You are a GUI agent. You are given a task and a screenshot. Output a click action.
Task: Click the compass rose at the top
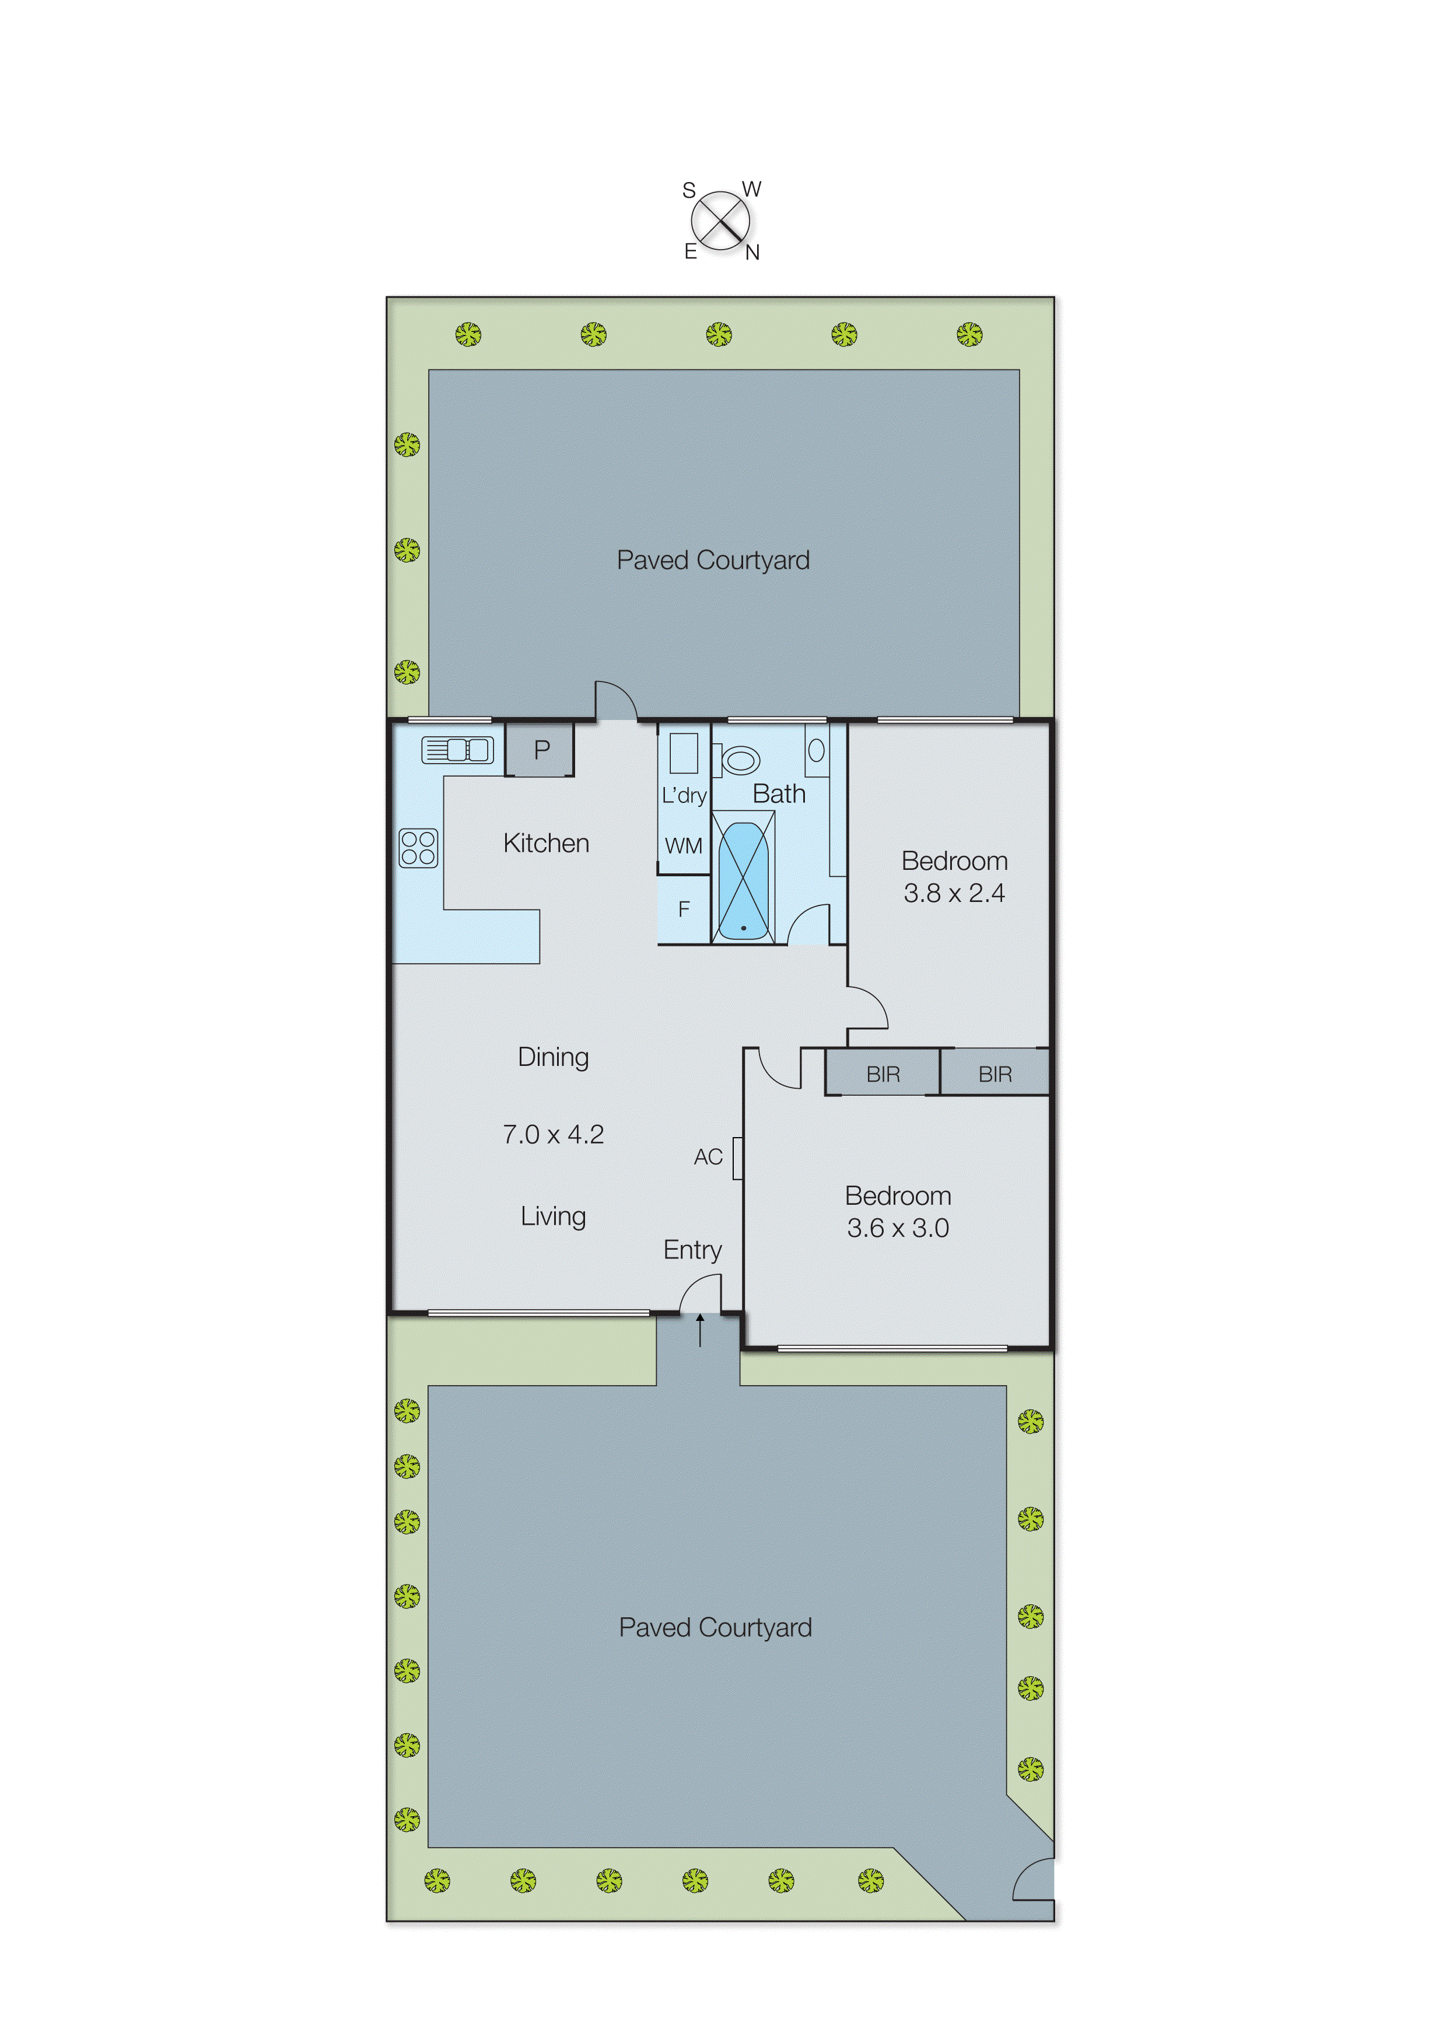[x=720, y=221]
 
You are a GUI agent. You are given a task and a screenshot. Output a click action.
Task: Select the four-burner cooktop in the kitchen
[x=418, y=847]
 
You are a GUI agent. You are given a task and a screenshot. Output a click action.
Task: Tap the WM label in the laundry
[x=683, y=846]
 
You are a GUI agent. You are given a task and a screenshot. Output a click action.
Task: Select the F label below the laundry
[x=684, y=909]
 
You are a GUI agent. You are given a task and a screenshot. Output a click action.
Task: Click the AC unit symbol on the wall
[x=737, y=1158]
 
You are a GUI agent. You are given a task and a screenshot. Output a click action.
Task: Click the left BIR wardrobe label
[x=883, y=1074]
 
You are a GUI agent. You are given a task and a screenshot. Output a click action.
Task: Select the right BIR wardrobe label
[x=995, y=1074]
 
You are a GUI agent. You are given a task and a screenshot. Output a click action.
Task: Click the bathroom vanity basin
[x=815, y=750]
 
